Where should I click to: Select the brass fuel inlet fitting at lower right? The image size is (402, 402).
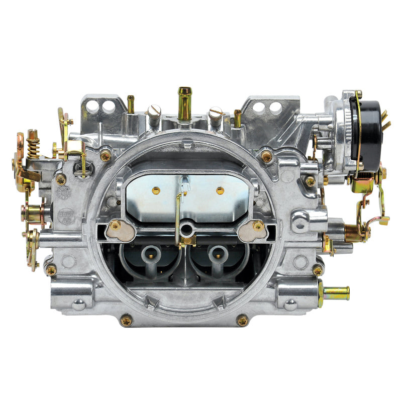click(x=335, y=292)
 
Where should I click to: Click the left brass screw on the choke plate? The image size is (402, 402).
click(x=156, y=190)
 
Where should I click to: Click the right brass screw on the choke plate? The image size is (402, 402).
click(x=220, y=190)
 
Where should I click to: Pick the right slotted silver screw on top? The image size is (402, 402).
click(x=216, y=114)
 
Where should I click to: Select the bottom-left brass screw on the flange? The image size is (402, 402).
click(x=127, y=320)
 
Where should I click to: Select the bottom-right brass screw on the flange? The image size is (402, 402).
click(x=243, y=320)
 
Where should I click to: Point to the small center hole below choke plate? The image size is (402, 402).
click(x=187, y=230)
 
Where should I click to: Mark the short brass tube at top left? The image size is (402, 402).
click(x=131, y=104)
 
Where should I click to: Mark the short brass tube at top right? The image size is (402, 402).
click(x=238, y=118)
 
